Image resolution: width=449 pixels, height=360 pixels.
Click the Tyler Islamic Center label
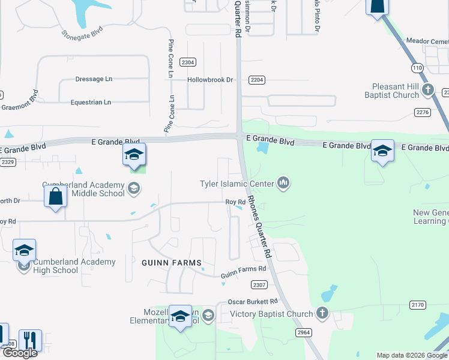point(237,184)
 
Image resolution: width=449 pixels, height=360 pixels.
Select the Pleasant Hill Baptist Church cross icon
point(427,91)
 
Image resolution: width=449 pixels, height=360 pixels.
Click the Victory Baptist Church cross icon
point(322,313)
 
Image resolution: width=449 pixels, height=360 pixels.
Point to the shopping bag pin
point(55,197)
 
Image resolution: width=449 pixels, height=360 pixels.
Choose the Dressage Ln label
point(94,79)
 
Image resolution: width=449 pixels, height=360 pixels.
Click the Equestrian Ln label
point(91,103)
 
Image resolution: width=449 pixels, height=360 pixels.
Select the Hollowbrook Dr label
point(209,80)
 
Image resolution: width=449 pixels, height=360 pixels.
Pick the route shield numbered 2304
point(188,62)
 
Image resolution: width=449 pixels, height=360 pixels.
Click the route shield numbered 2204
point(257,80)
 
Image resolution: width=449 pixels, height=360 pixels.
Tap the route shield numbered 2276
point(423,112)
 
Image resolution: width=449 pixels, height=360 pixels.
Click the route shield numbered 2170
point(418,305)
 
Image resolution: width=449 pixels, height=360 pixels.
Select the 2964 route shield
point(303,331)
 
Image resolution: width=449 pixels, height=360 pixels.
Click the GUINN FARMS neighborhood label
point(171,263)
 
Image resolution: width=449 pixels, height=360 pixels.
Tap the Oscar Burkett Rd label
point(253,301)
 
